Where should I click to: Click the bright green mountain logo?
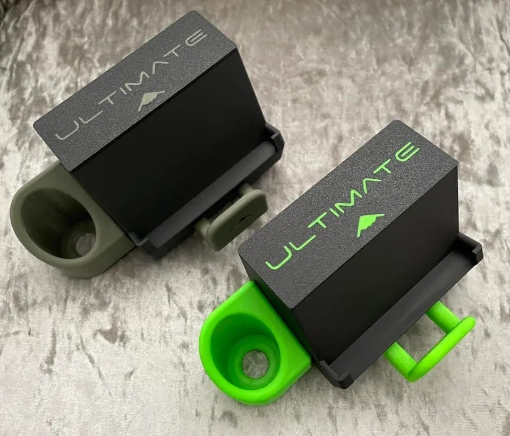(x=370, y=223)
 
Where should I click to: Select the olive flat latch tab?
(x=235, y=220)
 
